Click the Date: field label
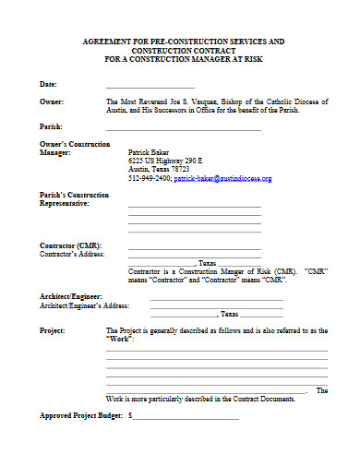click(x=49, y=84)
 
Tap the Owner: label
click(x=52, y=101)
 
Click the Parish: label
click(x=51, y=125)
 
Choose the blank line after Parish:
click(x=185, y=127)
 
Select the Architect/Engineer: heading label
click(x=71, y=296)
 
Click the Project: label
click(x=53, y=329)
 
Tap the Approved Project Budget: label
click(x=79, y=415)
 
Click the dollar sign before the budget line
click(x=131, y=415)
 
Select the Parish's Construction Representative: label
click(x=74, y=199)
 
